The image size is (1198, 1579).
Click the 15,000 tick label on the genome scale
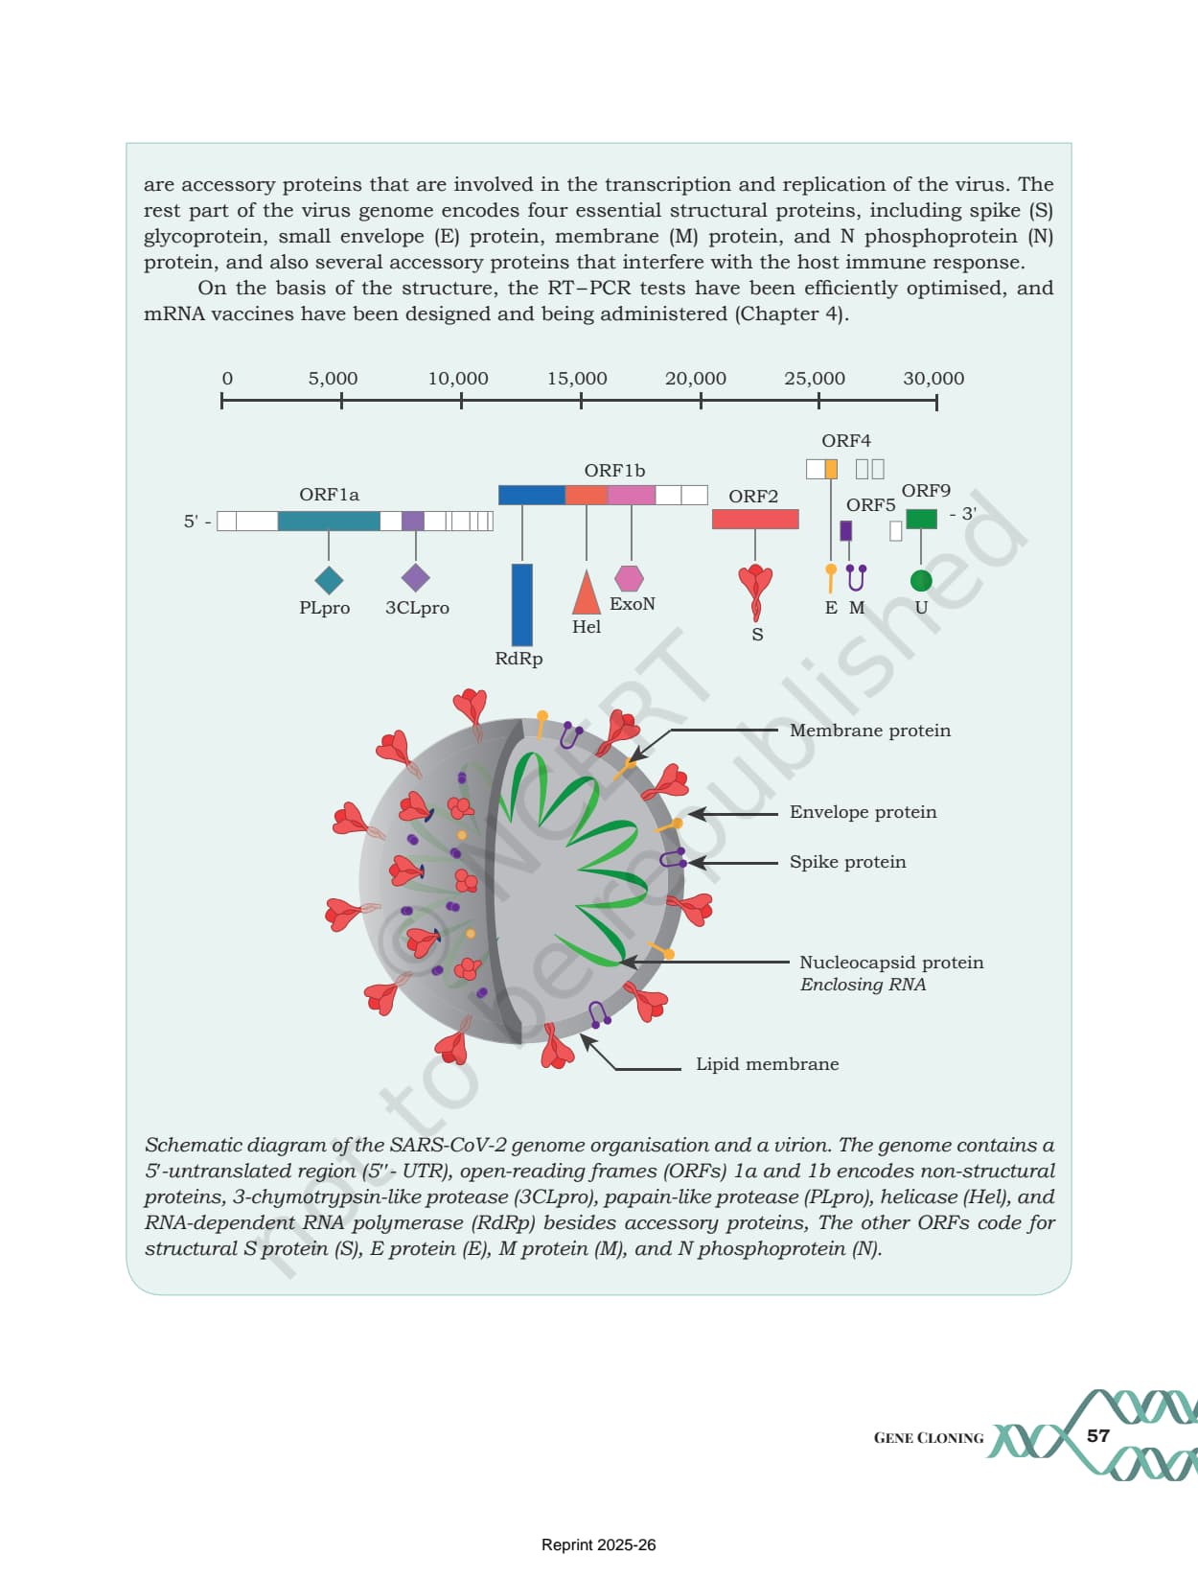pyautogui.click(x=577, y=379)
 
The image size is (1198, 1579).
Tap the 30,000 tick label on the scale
pyautogui.click(x=933, y=379)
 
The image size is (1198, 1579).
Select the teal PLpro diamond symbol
pyautogui.click(x=329, y=580)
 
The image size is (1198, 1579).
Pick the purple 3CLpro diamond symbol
pyautogui.click(x=416, y=578)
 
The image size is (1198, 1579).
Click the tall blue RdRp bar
pyautogui.click(x=522, y=605)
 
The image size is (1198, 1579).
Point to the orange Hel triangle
pyautogui.click(x=586, y=592)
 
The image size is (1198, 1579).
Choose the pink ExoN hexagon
pyautogui.click(x=630, y=578)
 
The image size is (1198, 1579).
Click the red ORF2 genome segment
pyautogui.click(x=755, y=519)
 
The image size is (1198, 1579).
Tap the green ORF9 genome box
pyautogui.click(x=921, y=519)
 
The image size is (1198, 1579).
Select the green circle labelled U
pyautogui.click(x=921, y=581)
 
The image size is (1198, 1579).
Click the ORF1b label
pyautogui.click(x=614, y=471)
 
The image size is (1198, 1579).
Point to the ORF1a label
pyautogui.click(x=329, y=495)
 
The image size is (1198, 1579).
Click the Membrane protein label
pyautogui.click(x=870, y=731)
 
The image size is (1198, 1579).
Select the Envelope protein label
pyautogui.click(x=863, y=812)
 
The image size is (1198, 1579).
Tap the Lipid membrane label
pyautogui.click(x=768, y=1064)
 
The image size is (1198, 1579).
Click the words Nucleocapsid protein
pyautogui.click(x=891, y=963)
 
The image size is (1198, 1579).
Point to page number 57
pyautogui.click(x=1098, y=1436)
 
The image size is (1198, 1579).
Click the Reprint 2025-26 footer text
pyautogui.click(x=598, y=1544)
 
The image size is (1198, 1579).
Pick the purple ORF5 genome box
pyautogui.click(x=845, y=531)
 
